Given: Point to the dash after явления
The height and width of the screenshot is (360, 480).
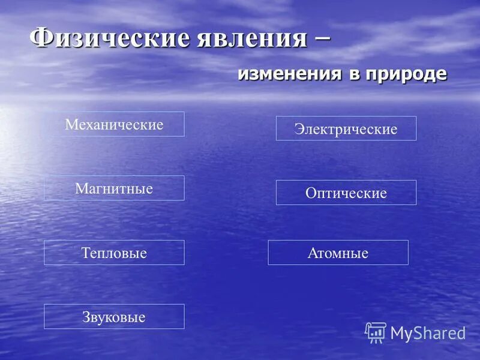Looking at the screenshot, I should [321, 37].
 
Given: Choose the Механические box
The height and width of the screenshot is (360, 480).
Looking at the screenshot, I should [114, 124].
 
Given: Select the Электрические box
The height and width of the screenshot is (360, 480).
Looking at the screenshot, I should [346, 128].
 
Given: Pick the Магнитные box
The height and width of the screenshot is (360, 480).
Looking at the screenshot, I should [114, 188].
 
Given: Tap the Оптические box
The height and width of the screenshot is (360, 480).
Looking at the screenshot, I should [346, 193].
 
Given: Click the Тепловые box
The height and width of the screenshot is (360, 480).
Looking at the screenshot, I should [114, 253].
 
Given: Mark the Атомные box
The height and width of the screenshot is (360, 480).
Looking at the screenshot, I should [338, 253].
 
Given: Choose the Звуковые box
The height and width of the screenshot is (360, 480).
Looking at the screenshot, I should [114, 317].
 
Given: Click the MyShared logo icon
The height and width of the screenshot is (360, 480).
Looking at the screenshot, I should [376, 332].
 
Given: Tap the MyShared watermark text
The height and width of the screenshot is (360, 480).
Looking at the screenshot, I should [428, 334].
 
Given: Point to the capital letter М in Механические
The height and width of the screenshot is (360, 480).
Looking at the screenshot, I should [70, 125].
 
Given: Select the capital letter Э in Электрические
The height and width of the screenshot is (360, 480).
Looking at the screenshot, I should [298, 129].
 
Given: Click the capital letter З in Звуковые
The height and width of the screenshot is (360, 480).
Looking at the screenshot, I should [86, 317].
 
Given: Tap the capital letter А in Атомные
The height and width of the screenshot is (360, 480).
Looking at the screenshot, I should [312, 253].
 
